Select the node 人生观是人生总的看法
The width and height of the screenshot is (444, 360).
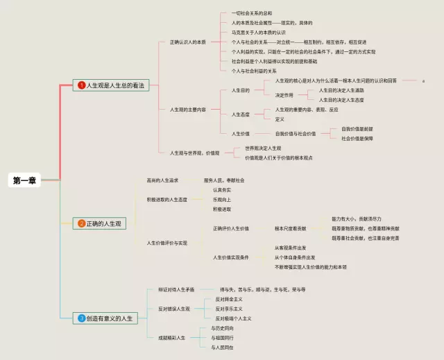pyautogui.click(x=110, y=85)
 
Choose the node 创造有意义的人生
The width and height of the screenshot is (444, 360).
pyautogui.click(x=109, y=318)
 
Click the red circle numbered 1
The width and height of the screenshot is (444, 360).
pyautogui.click(x=81, y=85)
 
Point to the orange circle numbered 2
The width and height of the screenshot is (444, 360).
pyautogui.click(x=81, y=223)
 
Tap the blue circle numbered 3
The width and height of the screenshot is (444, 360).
pyautogui.click(x=81, y=318)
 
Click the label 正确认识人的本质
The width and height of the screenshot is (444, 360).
pyautogui.click(x=187, y=42)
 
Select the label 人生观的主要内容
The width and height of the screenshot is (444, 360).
pyautogui.click(x=187, y=110)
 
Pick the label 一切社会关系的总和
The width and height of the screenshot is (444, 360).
pyautogui.click(x=251, y=13)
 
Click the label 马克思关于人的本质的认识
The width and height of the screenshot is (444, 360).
pyautogui.click(x=258, y=33)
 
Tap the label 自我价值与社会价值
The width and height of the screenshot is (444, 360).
pyautogui.click(x=295, y=133)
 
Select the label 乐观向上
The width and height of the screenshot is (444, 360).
pyautogui.click(x=223, y=199)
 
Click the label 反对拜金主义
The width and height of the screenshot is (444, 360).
pyautogui.click(x=230, y=299)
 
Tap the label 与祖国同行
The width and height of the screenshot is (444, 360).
pyautogui.click(x=222, y=338)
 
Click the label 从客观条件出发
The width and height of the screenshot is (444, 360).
pyautogui.click(x=290, y=248)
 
